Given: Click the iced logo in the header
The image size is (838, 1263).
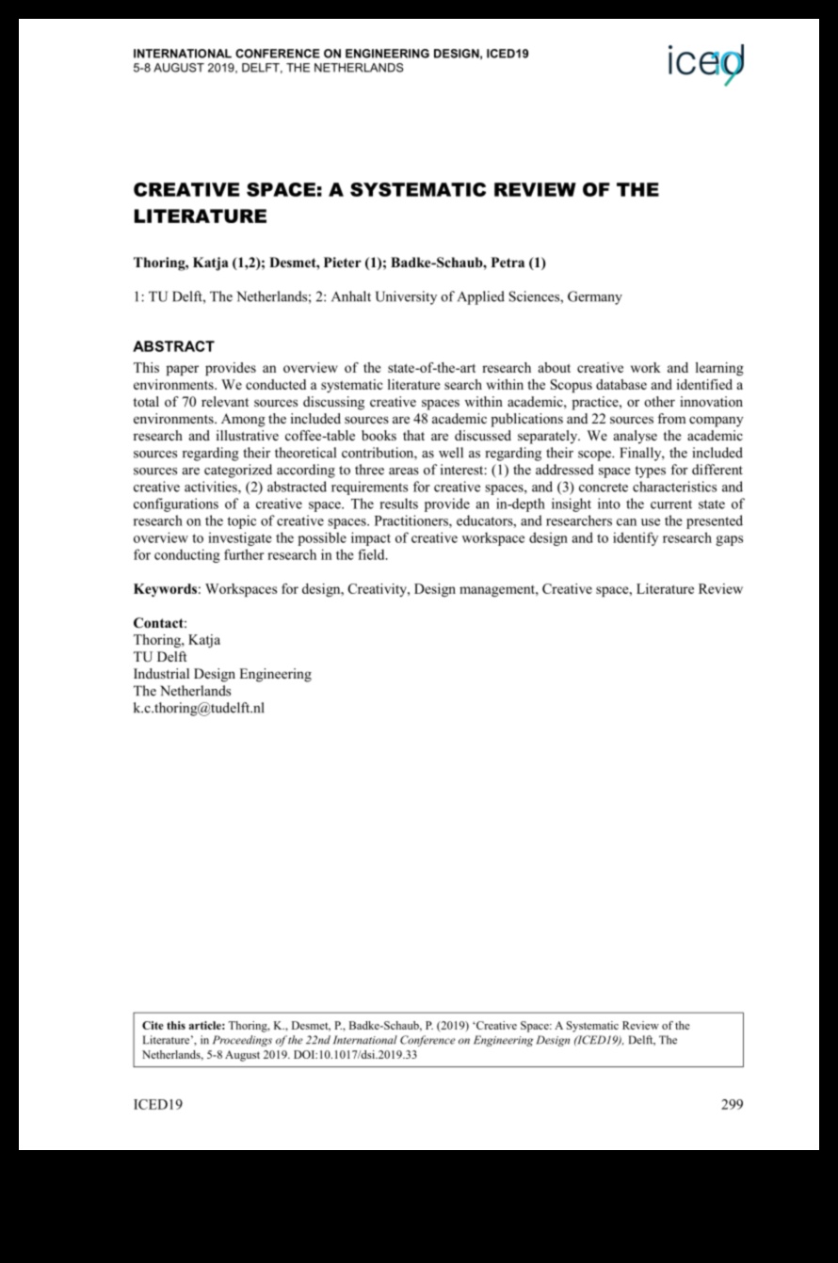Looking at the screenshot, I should (x=705, y=64).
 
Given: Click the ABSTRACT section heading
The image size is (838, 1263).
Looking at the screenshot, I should (x=173, y=346).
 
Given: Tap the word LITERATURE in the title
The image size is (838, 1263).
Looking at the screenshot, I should (x=200, y=216).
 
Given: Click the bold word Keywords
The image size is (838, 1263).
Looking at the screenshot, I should (x=165, y=589).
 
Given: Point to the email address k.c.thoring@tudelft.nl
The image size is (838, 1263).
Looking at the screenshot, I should (x=199, y=708).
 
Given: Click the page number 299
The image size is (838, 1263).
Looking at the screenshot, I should (x=732, y=1105).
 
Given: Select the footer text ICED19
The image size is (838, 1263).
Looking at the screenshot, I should (x=157, y=1105).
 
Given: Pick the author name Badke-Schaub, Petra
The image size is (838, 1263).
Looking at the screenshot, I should (x=460, y=263).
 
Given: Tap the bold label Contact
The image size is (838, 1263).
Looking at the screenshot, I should (x=159, y=623).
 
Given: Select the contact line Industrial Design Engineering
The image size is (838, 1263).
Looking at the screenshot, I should (x=222, y=674).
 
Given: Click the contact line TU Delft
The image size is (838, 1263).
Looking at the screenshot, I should (x=160, y=657).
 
